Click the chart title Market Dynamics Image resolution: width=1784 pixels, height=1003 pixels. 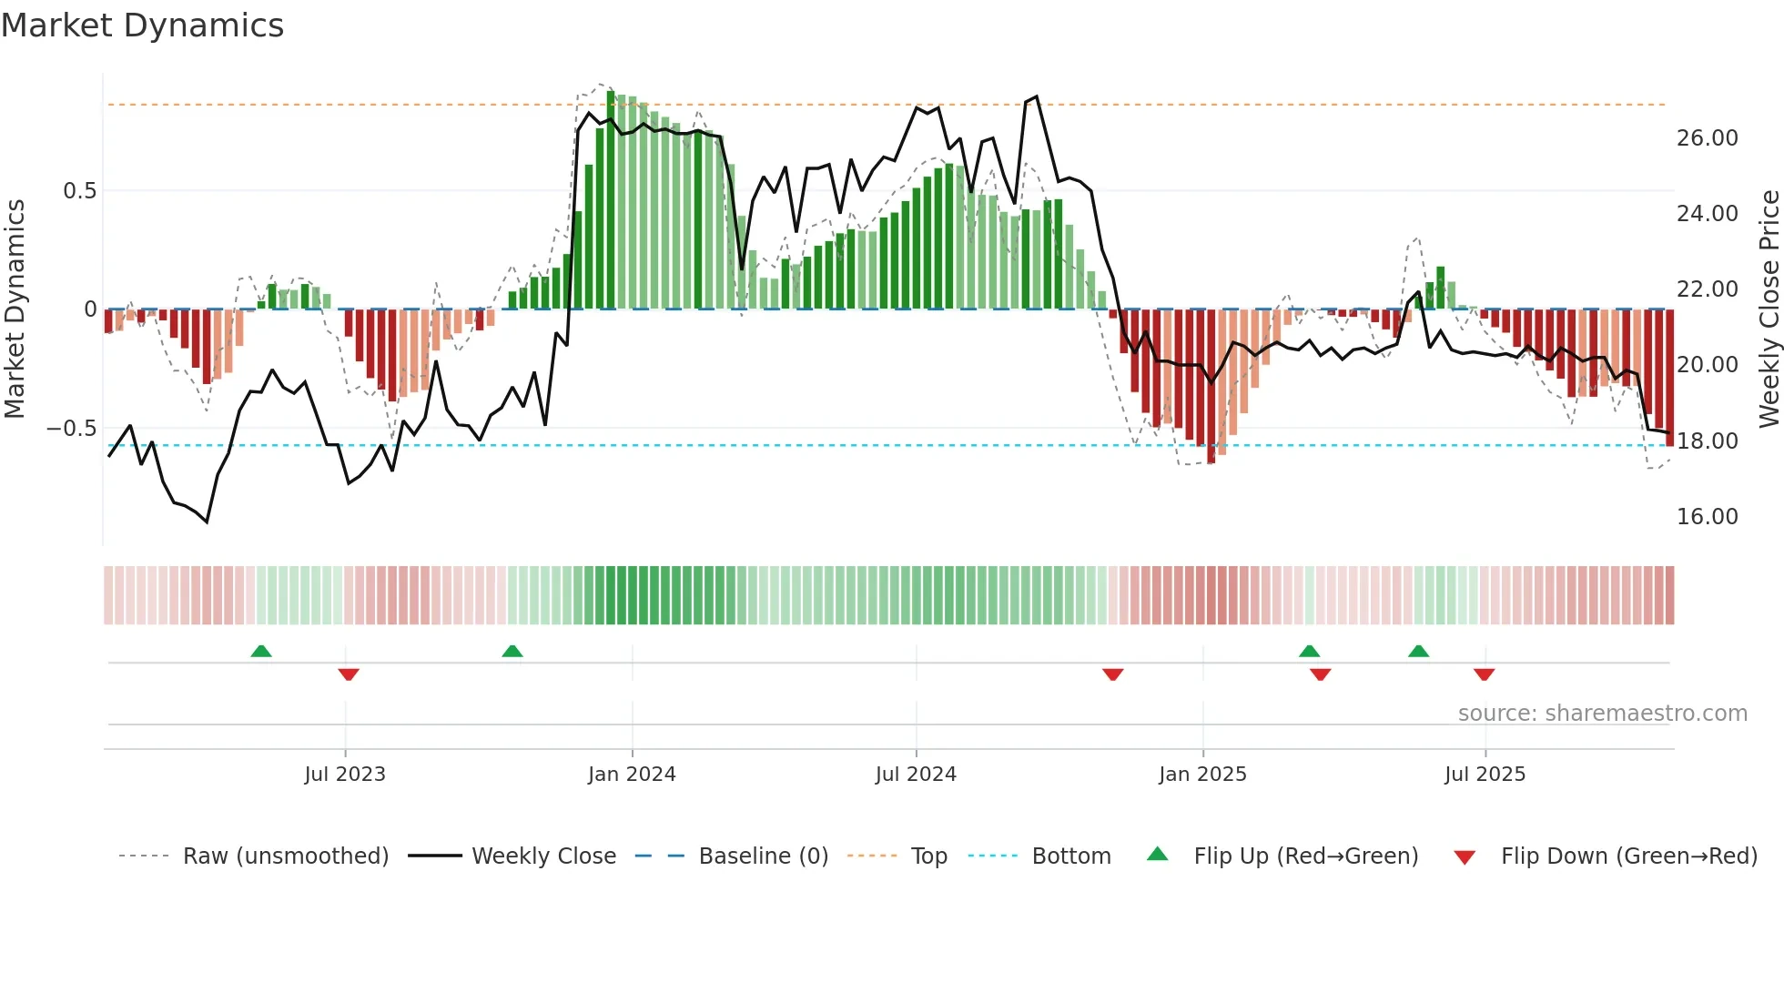coord(142,25)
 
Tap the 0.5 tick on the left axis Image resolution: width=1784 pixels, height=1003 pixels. coord(79,191)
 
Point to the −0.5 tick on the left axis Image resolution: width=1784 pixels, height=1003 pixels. coord(72,429)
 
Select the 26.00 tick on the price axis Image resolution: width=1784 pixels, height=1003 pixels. coord(1707,138)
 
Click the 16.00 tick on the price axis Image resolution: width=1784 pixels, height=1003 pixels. coord(1707,517)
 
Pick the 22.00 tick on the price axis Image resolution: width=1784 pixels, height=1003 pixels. coord(1707,289)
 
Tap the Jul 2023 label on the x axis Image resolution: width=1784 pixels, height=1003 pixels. coord(345,775)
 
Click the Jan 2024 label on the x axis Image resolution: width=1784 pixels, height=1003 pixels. coord(632,775)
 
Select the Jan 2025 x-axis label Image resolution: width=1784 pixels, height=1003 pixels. coord(1202,775)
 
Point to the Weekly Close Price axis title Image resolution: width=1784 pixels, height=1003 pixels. coord(1769,309)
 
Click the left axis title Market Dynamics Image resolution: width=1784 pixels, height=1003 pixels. coord(15,309)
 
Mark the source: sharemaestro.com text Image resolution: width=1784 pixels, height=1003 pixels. coord(1602,714)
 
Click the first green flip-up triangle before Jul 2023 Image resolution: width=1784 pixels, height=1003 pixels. coord(261,651)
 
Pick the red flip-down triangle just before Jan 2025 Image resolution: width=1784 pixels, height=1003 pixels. coord(1112,674)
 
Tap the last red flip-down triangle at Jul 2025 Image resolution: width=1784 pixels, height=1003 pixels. coord(1484,674)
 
